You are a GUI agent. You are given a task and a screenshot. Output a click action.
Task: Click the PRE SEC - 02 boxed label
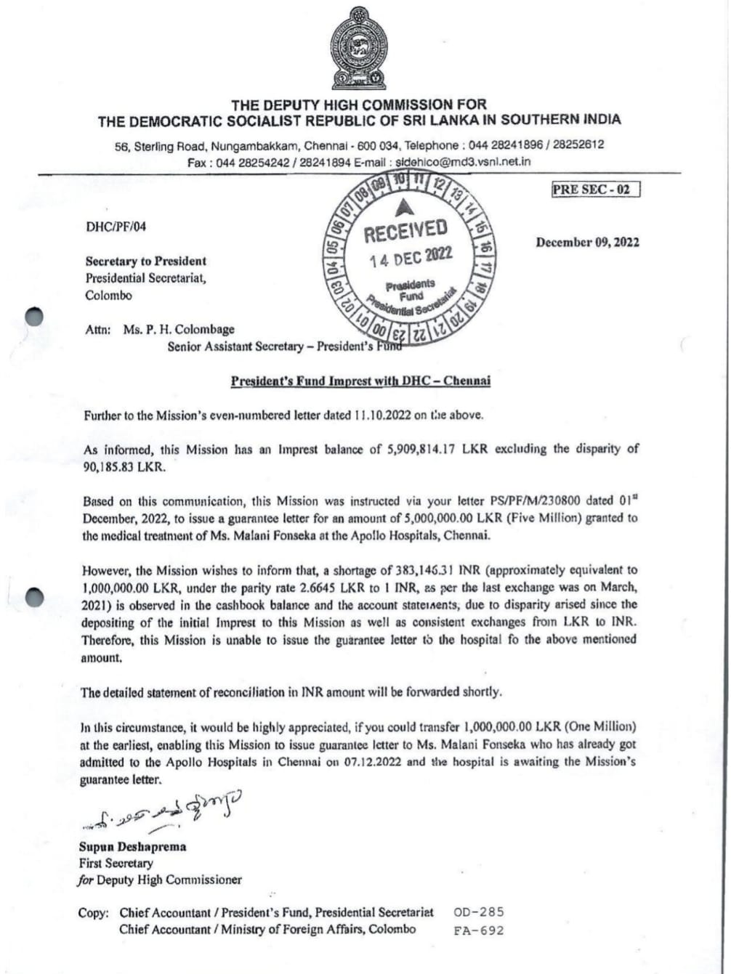[591, 190]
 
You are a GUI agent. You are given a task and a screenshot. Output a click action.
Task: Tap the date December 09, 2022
[587, 243]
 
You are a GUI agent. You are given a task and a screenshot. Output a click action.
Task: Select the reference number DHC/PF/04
[116, 227]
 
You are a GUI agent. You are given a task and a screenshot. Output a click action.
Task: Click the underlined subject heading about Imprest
[360, 381]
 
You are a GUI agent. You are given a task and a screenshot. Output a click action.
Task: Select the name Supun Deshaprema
[132, 847]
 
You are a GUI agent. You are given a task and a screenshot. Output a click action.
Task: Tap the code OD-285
[478, 912]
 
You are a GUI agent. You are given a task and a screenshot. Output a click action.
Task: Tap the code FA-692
[478, 930]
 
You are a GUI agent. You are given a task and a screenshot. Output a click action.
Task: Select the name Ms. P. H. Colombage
[179, 330]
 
